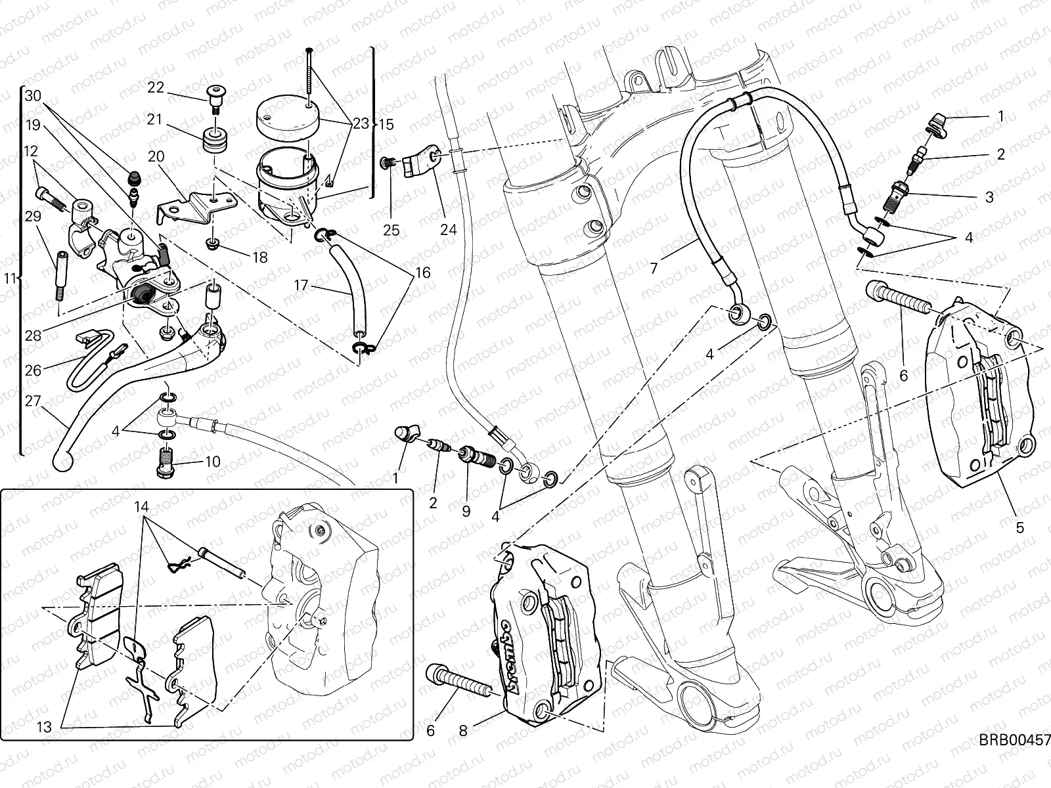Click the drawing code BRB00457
(x=1015, y=741)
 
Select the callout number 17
(x=301, y=285)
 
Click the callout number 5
(x=1020, y=527)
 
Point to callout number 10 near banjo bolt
(x=212, y=462)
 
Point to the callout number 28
(x=33, y=336)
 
